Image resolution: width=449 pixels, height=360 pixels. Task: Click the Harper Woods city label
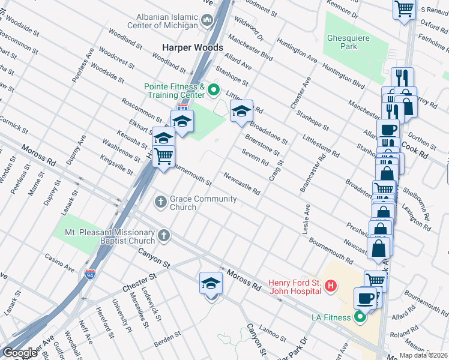tap(192, 47)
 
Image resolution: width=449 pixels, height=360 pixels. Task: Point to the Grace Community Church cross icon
tap(160, 202)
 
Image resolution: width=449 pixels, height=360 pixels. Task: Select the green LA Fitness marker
tap(360, 316)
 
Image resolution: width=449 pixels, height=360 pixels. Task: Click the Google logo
tap(20, 353)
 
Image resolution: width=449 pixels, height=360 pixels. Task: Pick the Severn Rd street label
tap(255, 157)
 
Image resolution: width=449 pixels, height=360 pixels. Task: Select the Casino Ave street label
tap(58, 261)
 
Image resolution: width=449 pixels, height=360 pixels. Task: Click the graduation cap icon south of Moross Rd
tap(211, 283)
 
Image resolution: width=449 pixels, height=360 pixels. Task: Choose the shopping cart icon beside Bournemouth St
tap(163, 156)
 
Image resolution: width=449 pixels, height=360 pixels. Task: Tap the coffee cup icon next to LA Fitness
tap(365, 298)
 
